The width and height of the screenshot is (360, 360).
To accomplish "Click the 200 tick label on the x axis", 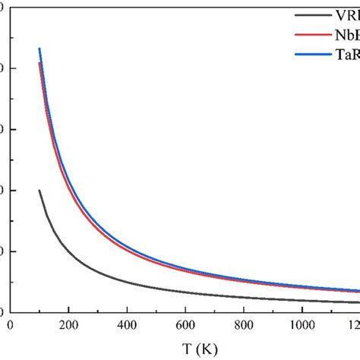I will [x=68, y=326].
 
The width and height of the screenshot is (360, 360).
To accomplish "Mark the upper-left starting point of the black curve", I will [x=39, y=190].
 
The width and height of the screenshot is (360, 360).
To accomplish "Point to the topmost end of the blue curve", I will [x=39, y=49].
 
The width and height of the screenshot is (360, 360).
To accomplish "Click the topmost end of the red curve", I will [x=39, y=63].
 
